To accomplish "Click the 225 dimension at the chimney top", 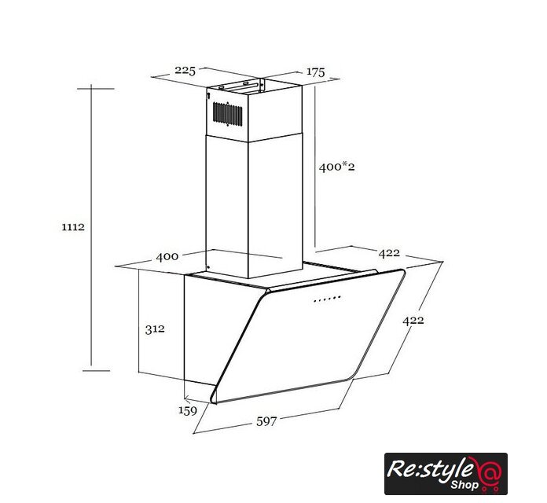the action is click(x=185, y=71).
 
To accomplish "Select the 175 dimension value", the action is click(x=315, y=72).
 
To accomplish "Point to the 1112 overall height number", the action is click(x=73, y=227).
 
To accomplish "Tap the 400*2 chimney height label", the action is click(x=336, y=167).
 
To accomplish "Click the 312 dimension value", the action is click(x=155, y=329).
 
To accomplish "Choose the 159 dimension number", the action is click(x=188, y=410).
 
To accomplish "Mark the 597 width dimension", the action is click(x=266, y=421).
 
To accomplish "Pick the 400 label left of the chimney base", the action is click(x=167, y=257).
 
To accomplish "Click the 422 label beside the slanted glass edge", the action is click(x=413, y=320).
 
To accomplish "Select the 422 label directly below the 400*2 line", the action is click(x=389, y=253).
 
